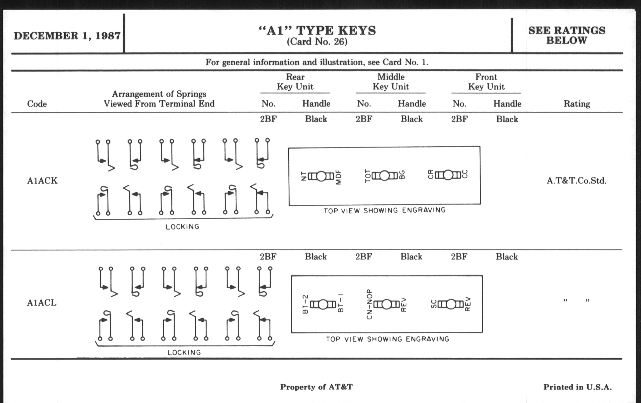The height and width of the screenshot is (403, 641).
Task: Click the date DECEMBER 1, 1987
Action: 67,36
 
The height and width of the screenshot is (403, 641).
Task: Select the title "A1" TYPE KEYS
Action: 317,31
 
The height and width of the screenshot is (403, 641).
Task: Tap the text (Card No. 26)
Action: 317,42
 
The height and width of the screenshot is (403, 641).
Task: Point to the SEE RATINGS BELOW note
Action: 567,35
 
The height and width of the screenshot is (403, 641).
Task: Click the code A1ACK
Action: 42,181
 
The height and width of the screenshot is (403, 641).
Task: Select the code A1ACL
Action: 42,303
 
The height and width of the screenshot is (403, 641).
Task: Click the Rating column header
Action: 577,104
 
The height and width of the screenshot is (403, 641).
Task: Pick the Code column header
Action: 37,104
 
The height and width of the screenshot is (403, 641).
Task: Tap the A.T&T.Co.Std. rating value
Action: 577,181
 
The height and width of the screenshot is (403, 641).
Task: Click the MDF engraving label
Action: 338,177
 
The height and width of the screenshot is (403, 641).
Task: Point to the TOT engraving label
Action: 368,176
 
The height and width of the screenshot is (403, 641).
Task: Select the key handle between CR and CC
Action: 448,175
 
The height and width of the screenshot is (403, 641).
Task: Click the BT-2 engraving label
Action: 305,304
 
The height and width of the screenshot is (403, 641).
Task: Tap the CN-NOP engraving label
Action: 369,304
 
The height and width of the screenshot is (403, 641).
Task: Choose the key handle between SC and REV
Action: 451,304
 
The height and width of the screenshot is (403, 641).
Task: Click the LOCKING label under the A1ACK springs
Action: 183,227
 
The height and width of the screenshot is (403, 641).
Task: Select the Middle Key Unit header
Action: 391,82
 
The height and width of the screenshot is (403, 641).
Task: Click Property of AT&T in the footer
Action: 316,387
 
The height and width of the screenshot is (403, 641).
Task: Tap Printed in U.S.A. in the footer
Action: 577,387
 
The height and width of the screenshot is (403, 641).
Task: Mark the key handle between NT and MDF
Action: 321,176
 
